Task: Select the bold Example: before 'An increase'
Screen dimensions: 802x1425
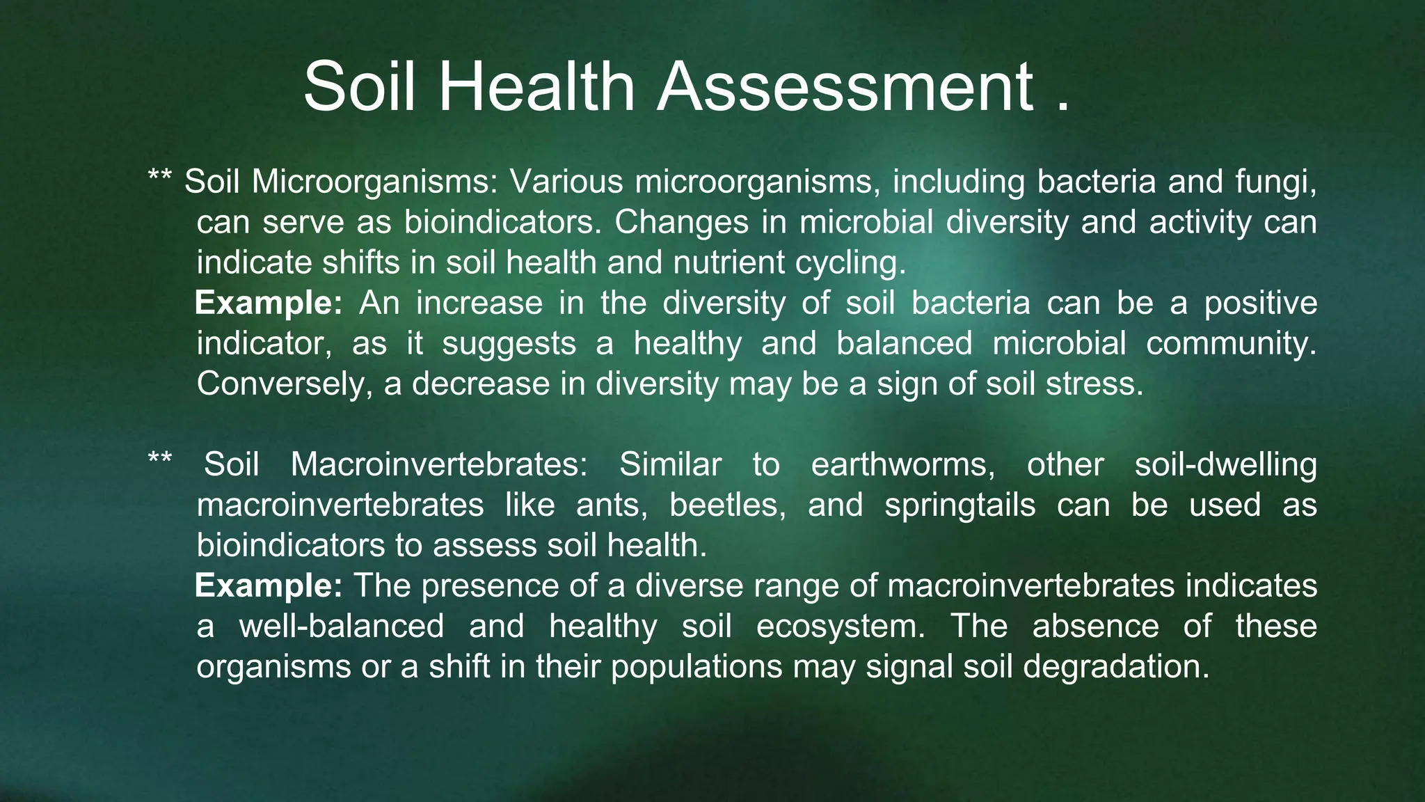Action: (269, 303)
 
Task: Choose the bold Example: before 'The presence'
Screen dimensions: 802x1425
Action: (269, 585)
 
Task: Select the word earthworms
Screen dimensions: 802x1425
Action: (903, 464)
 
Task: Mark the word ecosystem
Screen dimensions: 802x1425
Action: (841, 626)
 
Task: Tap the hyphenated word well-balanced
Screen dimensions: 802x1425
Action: (342, 626)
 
